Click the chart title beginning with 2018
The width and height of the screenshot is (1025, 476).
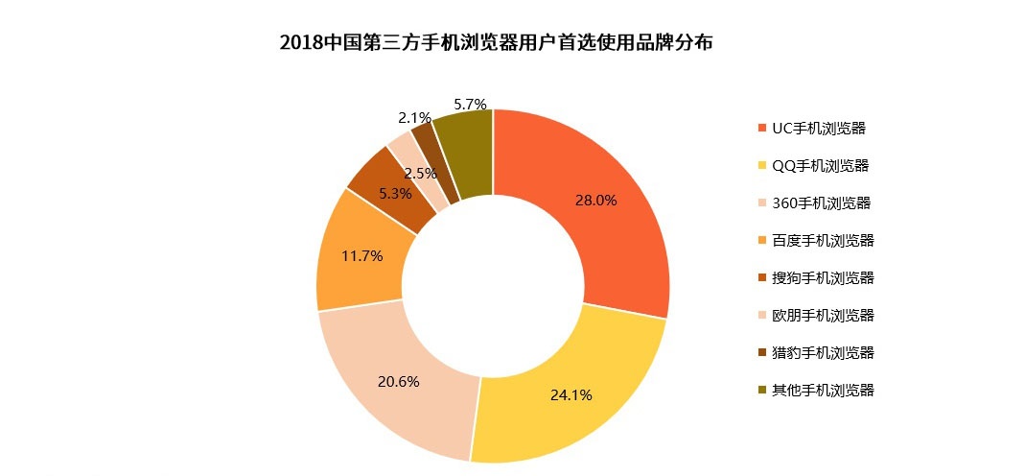pyautogui.click(x=496, y=44)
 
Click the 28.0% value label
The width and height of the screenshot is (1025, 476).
pyautogui.click(x=595, y=201)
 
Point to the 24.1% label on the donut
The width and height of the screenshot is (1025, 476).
pyautogui.click(x=571, y=394)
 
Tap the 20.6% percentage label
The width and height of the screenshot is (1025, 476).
pyautogui.click(x=398, y=381)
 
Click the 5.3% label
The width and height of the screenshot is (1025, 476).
pyautogui.click(x=395, y=193)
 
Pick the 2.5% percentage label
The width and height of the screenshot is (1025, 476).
pyautogui.click(x=420, y=174)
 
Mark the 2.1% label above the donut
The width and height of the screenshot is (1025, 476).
pyautogui.click(x=414, y=118)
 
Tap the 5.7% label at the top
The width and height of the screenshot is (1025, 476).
pyautogui.click(x=470, y=104)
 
